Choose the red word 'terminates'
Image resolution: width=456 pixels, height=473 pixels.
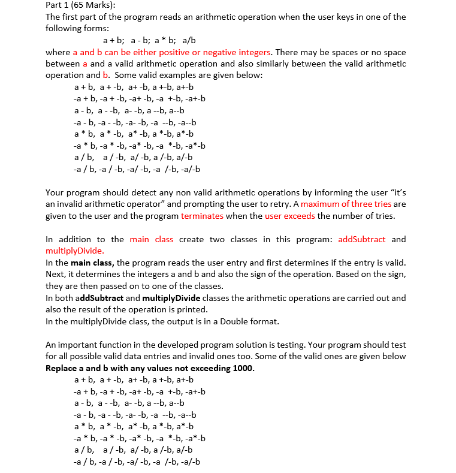click(202, 216)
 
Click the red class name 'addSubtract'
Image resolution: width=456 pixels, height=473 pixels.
click(363, 239)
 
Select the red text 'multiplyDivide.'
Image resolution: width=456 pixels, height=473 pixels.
click(75, 251)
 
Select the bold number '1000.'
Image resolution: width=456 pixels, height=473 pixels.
click(243, 368)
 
